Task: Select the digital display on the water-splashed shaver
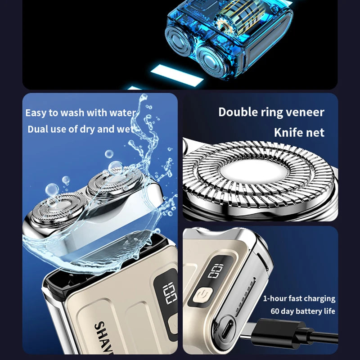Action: (170, 292)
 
